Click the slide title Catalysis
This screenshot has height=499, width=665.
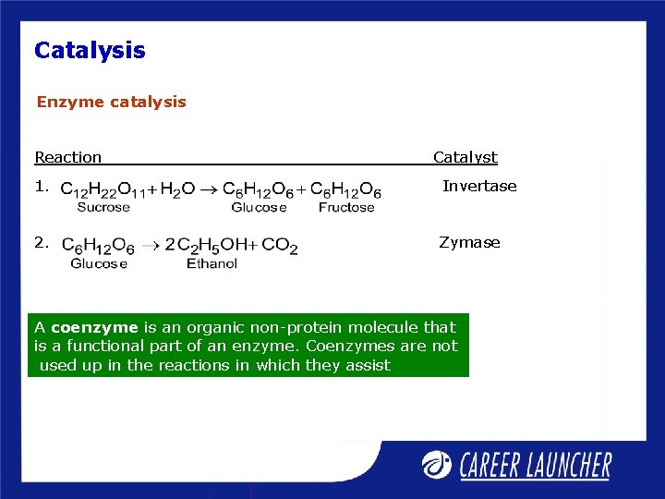click(x=90, y=50)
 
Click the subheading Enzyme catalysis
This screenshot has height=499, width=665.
click(x=111, y=102)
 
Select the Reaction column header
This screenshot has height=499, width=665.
click(x=68, y=158)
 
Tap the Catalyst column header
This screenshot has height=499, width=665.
click(x=465, y=158)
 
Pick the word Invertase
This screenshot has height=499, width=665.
click(x=479, y=186)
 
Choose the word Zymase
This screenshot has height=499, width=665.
click(x=469, y=242)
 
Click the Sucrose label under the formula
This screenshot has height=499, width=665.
click(x=103, y=207)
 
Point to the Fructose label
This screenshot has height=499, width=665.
click(x=346, y=207)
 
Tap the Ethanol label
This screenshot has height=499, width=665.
click(x=212, y=263)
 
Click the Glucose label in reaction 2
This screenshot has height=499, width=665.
click(x=99, y=263)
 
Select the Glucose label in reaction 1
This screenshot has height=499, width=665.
click(x=259, y=207)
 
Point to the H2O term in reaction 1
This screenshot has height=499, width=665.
click(x=177, y=190)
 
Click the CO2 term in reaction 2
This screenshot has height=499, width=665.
click(x=280, y=246)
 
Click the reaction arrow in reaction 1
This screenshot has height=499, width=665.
click(x=210, y=189)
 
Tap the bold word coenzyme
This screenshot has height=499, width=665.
click(x=94, y=327)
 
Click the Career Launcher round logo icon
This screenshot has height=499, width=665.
click(x=438, y=465)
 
